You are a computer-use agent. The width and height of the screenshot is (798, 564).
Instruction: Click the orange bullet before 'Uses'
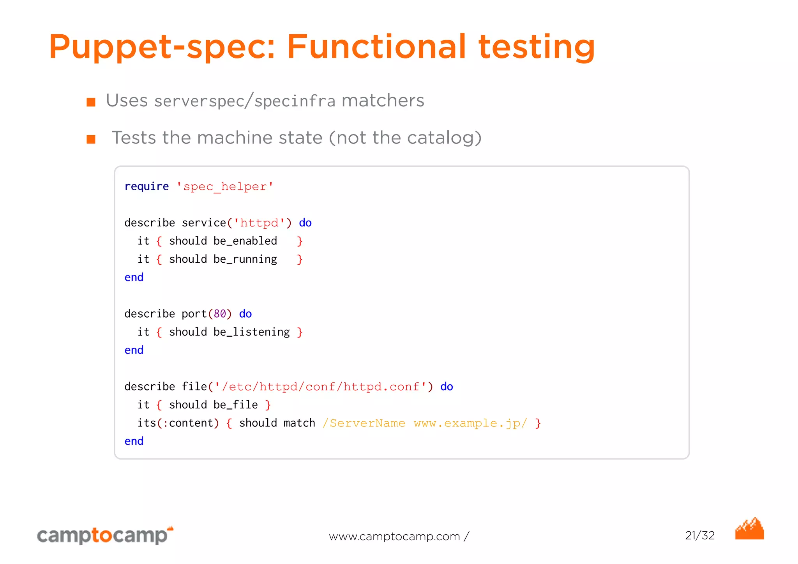point(91,102)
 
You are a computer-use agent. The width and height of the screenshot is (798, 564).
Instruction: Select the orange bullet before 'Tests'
point(91,139)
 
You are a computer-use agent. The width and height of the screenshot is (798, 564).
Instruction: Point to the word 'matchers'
point(383,101)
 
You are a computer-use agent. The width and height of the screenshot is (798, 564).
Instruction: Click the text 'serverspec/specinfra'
point(245,101)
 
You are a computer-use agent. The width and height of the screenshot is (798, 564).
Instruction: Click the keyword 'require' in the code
point(147,186)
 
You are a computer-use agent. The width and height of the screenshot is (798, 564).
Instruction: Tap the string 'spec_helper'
point(225,187)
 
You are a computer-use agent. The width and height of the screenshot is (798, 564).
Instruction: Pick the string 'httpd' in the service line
point(260,223)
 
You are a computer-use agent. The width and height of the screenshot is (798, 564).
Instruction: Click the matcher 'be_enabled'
point(245,241)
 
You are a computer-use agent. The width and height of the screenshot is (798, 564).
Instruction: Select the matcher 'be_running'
point(245,259)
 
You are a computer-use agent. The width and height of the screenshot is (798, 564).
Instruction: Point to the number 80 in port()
point(220,314)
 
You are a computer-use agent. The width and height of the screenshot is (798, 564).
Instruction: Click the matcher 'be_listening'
point(251,332)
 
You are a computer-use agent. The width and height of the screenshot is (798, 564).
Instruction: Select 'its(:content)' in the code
point(178,423)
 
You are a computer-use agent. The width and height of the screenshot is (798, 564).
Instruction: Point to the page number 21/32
point(700,536)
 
